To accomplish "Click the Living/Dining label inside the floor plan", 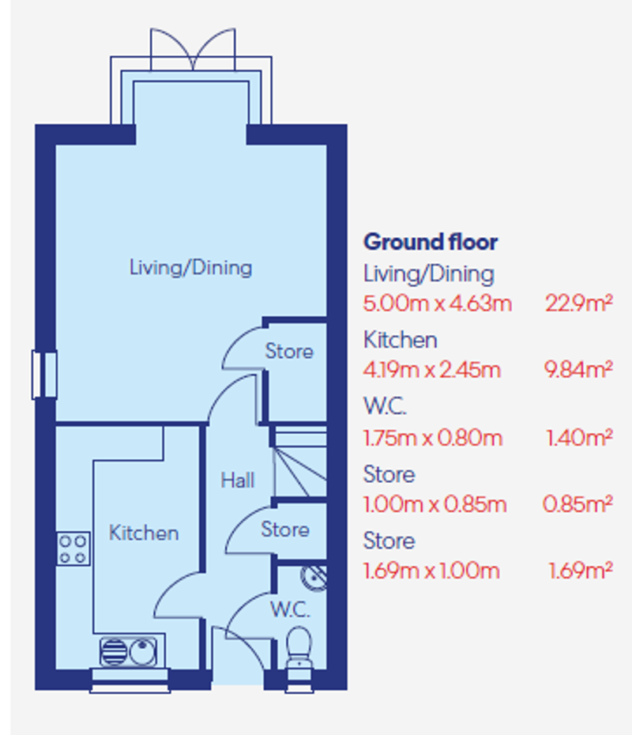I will [x=190, y=267].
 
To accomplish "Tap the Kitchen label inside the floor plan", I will [x=143, y=533].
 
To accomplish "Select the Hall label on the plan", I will [x=237, y=480].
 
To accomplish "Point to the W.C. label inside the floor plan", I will [x=289, y=609].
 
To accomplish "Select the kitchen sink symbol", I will [x=130, y=652].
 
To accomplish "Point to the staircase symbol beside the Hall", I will [x=300, y=463].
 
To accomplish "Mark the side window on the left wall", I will [x=44, y=375].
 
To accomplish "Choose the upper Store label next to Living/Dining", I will [x=288, y=351].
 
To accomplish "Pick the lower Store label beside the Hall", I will [x=284, y=529].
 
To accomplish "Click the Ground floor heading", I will [x=430, y=242].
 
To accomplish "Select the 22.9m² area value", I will [x=578, y=303].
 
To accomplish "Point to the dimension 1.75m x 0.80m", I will [x=432, y=437].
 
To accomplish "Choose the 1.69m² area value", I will [x=580, y=571].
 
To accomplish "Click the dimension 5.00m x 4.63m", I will [x=437, y=303].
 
